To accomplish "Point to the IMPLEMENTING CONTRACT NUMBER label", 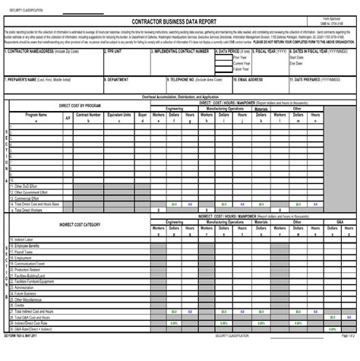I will pos(180,52).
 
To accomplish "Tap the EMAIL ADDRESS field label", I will pos(250,78).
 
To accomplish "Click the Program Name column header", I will pos(36,115).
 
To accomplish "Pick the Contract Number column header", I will pos(89,115).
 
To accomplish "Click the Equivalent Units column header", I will pos(120,115).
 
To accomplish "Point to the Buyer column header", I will pos(142,115).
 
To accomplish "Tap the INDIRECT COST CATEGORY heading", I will pos(80,224).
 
